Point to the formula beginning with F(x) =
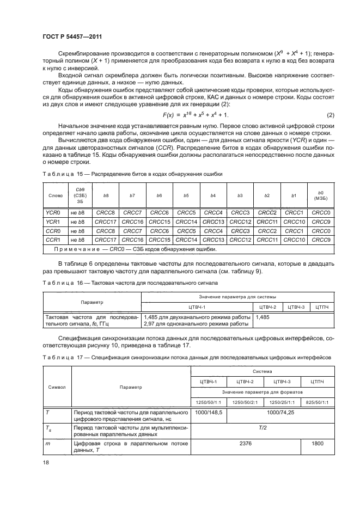pos(196,130)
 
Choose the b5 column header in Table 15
pos(186,194)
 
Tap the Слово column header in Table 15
pos(55,194)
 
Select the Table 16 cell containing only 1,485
pos(263,316)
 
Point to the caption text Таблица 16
pos(60,283)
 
